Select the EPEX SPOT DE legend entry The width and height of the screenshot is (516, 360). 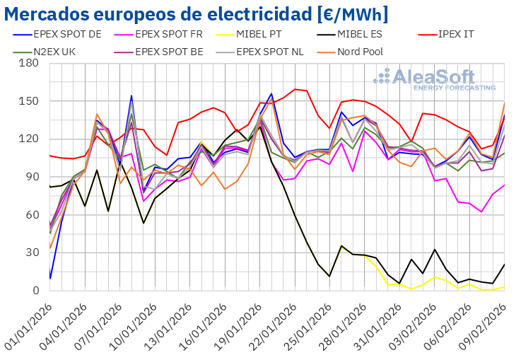(67, 33)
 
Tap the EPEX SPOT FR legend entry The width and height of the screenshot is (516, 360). (170, 33)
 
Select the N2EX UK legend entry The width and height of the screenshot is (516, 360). (50, 51)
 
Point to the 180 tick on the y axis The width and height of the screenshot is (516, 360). (29, 63)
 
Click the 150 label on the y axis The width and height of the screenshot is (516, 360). (29, 101)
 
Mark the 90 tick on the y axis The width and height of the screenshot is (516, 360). (32, 177)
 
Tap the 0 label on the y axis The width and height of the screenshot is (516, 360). (35, 291)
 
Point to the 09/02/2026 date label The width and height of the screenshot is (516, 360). (488, 322)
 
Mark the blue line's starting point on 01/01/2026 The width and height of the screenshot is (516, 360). (49, 279)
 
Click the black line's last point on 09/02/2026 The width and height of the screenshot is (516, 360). (505, 264)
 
